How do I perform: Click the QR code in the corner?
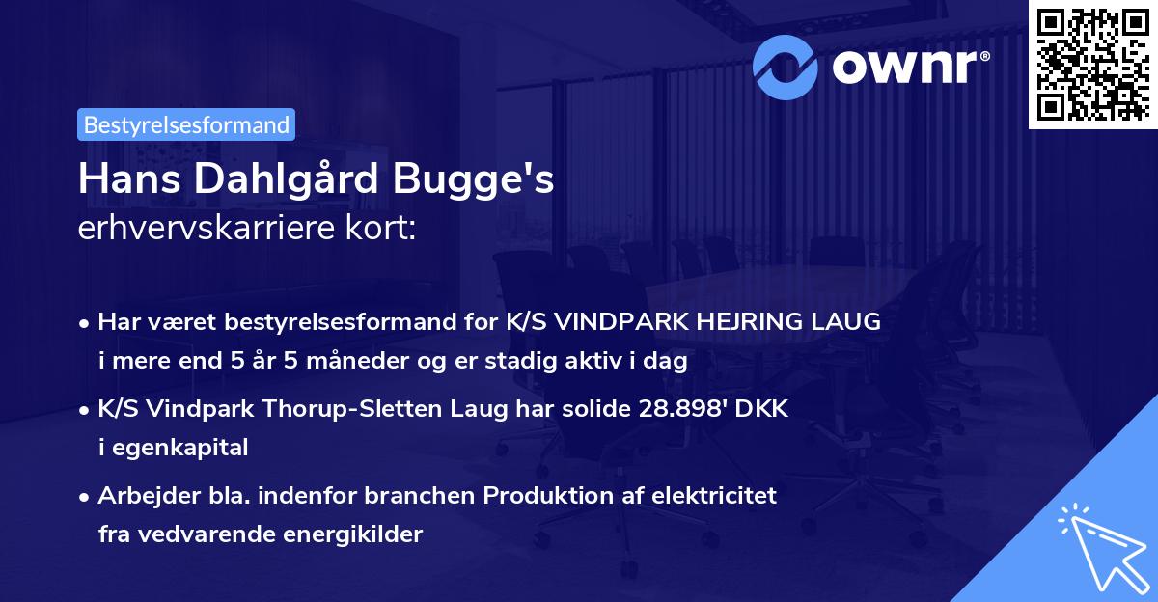point(1092,64)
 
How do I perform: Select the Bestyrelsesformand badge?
point(186,124)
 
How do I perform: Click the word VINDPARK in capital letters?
point(629,322)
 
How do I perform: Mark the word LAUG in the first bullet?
point(850,322)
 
